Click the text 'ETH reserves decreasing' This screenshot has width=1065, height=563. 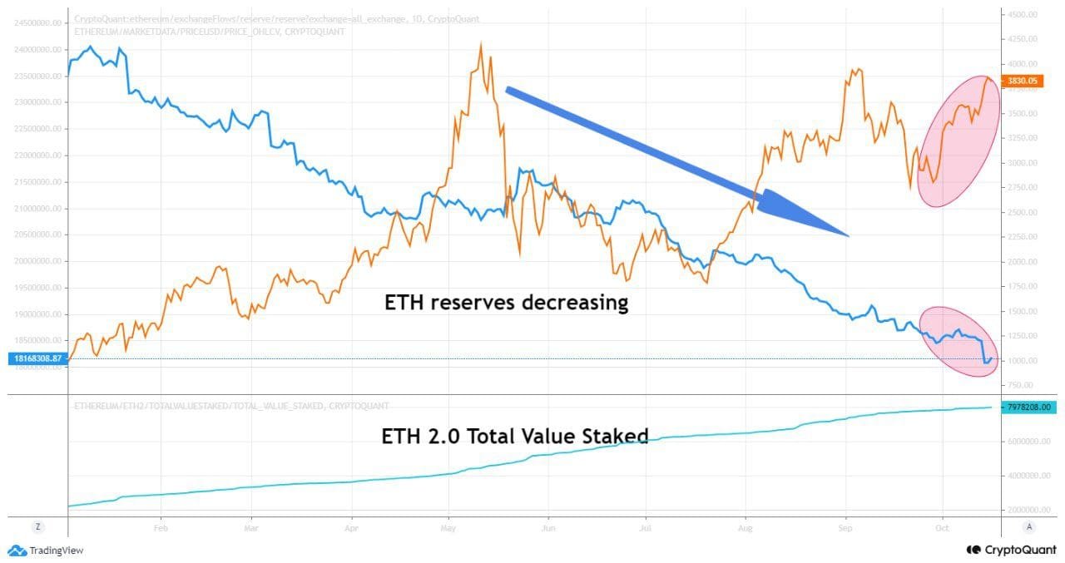tap(506, 302)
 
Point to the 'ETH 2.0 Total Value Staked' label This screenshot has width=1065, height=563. tap(515, 435)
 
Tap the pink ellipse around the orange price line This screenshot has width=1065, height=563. tap(958, 141)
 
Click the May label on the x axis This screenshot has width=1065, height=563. tap(448, 527)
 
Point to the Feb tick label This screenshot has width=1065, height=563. tap(161, 527)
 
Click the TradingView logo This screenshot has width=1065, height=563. tap(46, 550)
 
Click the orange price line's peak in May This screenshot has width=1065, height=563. tap(481, 45)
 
